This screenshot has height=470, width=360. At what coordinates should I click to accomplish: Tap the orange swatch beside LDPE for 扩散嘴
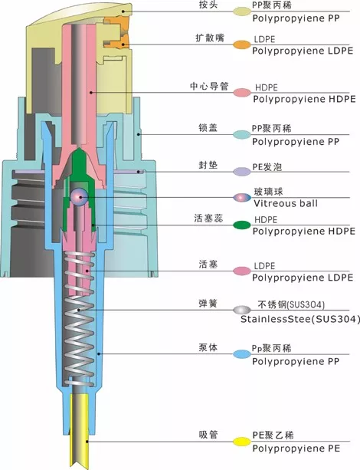241,45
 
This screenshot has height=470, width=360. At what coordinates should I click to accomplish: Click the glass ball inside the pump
77,197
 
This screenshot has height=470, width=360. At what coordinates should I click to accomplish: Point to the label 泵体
206,348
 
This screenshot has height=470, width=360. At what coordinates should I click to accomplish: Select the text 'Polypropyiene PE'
297,445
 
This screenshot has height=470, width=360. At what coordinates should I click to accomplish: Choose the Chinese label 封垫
206,166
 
